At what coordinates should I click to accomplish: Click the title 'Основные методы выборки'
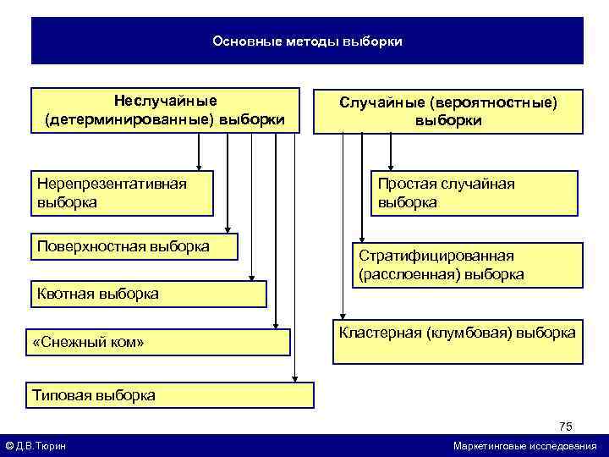coord(307,41)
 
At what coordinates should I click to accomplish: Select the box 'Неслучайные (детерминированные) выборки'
coord(165,110)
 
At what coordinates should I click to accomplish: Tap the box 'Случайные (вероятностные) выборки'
coord(448,111)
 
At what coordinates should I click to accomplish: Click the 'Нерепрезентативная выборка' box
coord(122,193)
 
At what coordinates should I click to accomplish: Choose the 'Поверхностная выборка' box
coord(134,247)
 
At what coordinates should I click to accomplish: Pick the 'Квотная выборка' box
coord(148,294)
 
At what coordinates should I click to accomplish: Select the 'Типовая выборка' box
coord(171,394)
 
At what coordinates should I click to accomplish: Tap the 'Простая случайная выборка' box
coord(474,193)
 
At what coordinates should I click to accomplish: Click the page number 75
coord(565,426)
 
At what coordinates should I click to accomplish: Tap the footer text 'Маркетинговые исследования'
coord(524,446)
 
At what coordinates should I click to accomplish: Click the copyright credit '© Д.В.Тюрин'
coord(36,446)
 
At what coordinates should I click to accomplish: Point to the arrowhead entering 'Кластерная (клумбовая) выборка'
coord(343,317)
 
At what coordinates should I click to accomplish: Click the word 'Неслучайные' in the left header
coord(166,102)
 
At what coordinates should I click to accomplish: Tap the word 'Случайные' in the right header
coord(381,102)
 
